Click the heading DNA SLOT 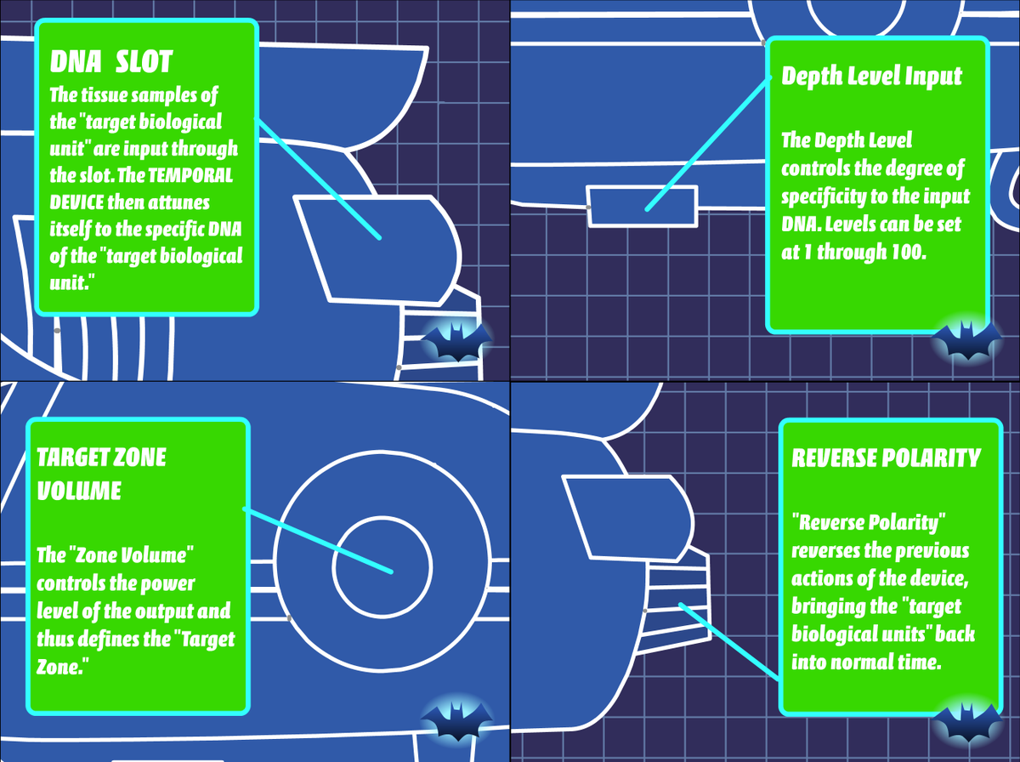tap(111, 61)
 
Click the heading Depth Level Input tap(871, 76)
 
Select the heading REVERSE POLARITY tap(886, 458)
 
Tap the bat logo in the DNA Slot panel tap(457, 341)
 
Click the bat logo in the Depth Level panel tap(966, 340)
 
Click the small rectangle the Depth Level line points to tap(643, 207)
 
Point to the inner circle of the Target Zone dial tap(382, 565)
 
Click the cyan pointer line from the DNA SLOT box tap(319, 179)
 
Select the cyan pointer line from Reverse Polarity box tap(731, 642)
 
